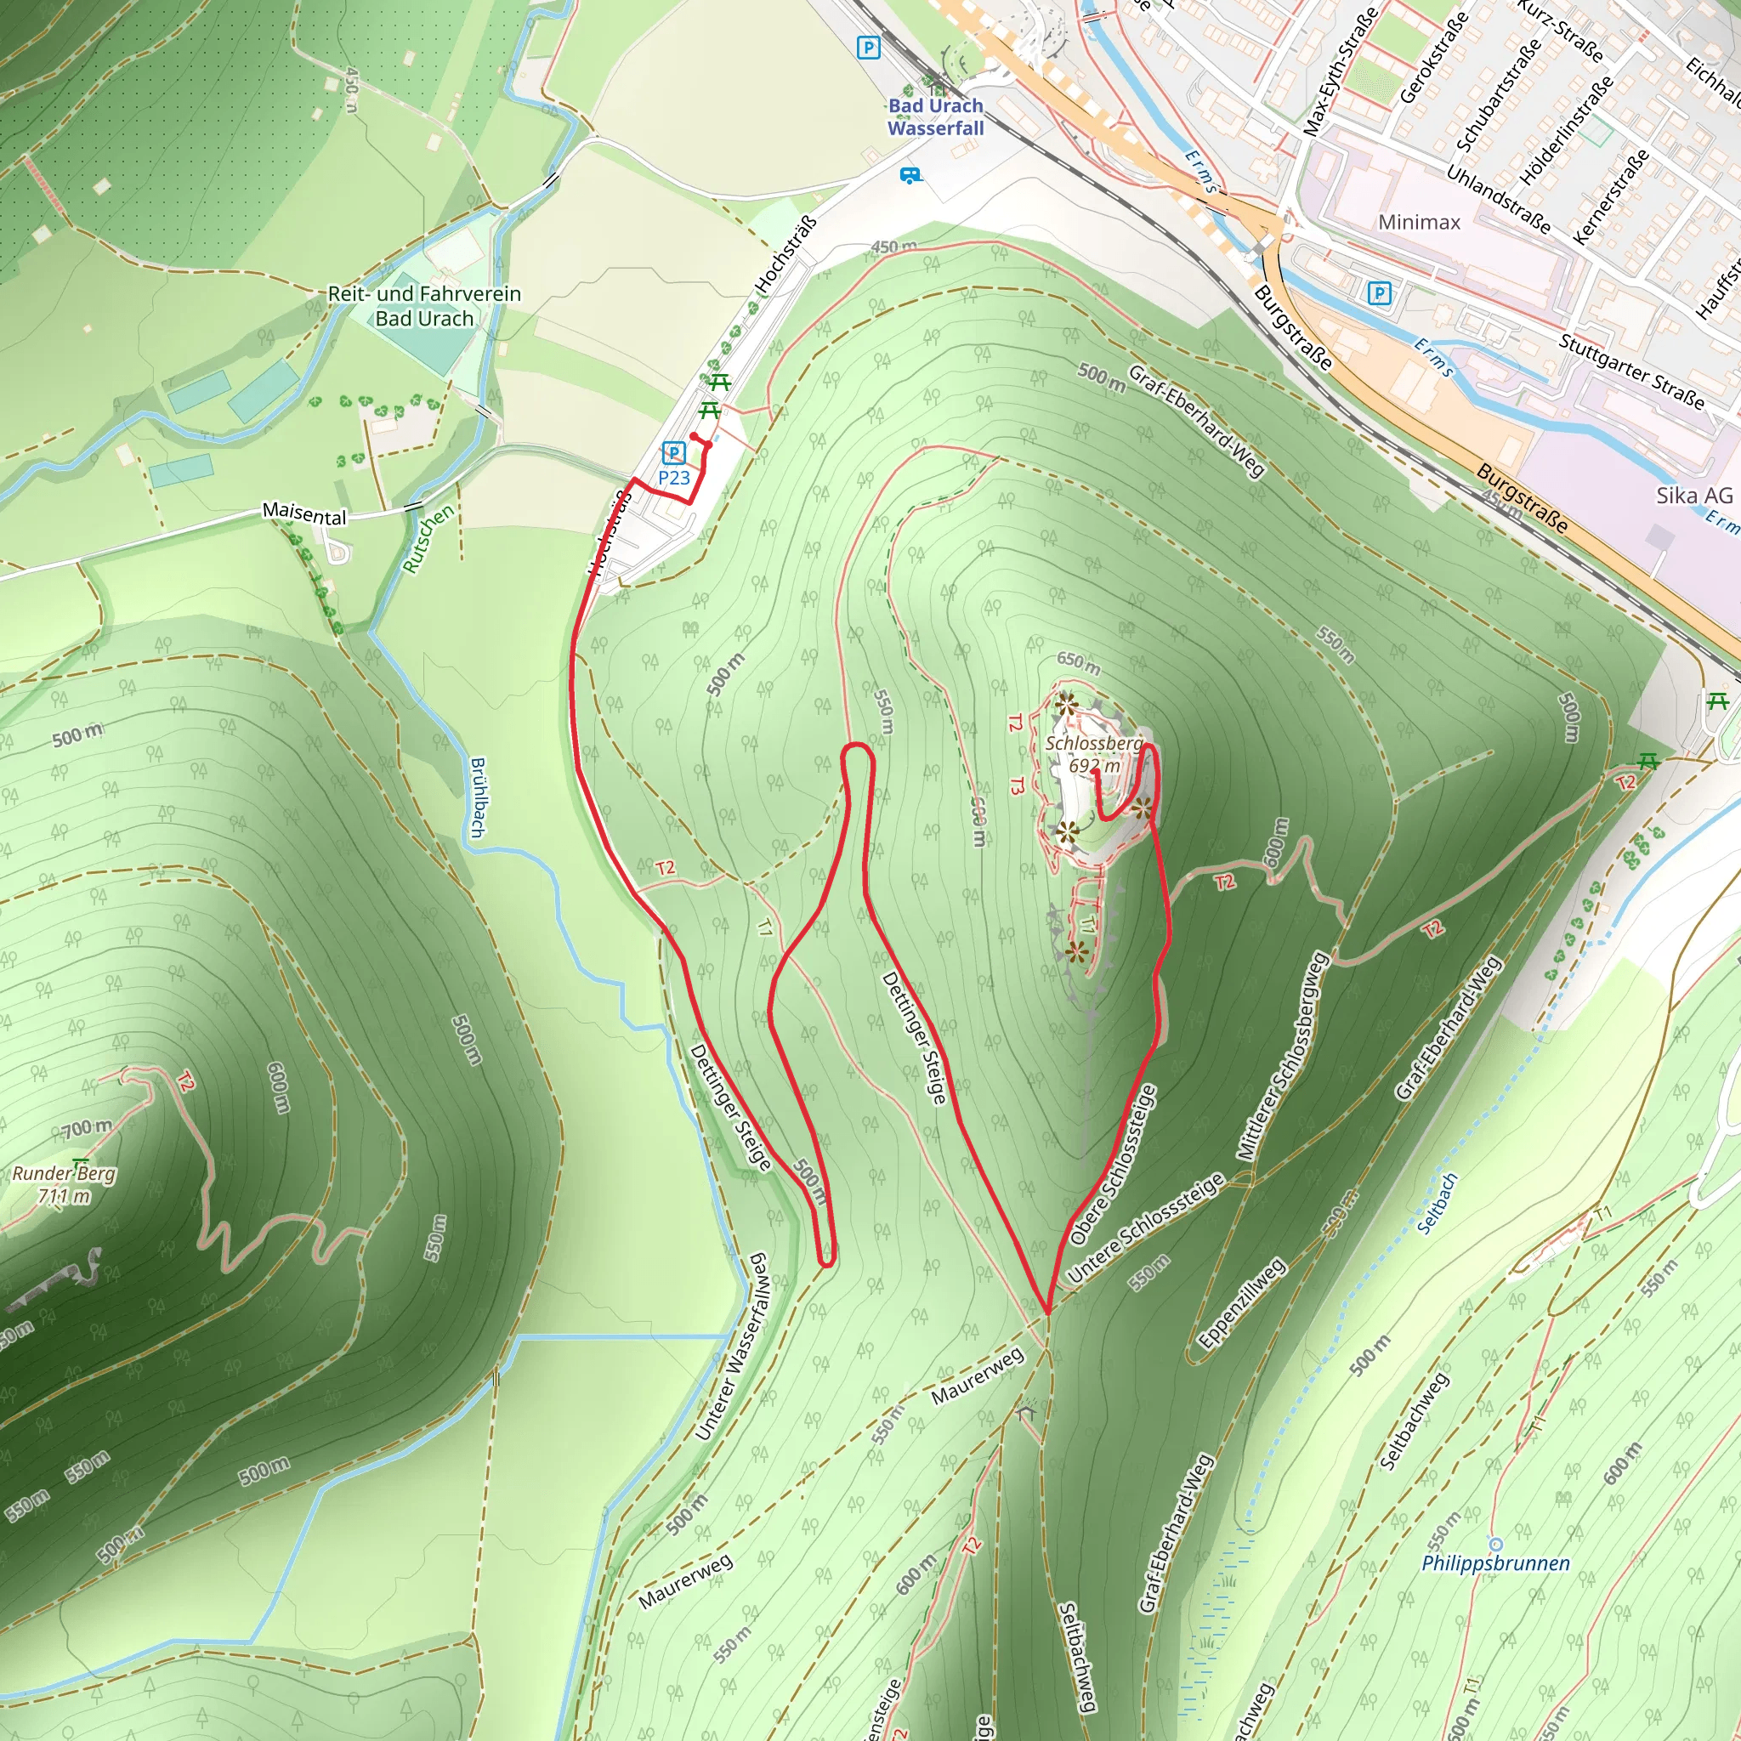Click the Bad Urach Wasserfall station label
[935, 117]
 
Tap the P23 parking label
[674, 478]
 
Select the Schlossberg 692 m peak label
[1094, 754]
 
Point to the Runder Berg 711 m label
[64, 1184]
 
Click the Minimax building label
[1419, 222]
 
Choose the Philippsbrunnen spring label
[1495, 1563]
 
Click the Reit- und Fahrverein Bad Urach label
[424, 305]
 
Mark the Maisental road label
[303, 513]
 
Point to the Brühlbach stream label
[479, 797]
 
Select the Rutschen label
[427, 539]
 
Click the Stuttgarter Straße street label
[1631, 372]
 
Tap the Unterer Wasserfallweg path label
[733, 1347]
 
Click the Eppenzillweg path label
[1241, 1304]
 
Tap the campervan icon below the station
[911, 175]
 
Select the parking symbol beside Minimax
[1379, 293]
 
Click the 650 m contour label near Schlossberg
[1079, 663]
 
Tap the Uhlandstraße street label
[1498, 199]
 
